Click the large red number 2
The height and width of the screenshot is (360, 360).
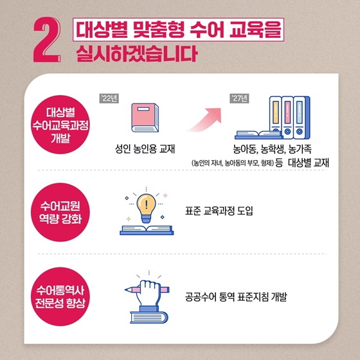pos(47,40)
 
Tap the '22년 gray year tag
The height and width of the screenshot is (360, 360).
pos(109,98)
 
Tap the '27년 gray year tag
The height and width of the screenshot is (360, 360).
pos(239,98)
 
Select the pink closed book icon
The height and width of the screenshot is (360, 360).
pos(145,118)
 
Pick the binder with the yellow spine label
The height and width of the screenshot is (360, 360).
pos(276,117)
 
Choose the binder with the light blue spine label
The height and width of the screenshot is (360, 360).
pos(300,117)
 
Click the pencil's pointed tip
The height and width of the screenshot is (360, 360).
pos(125,290)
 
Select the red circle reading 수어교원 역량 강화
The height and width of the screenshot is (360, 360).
pos(60,212)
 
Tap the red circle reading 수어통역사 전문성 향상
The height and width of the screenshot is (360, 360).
pos(60,296)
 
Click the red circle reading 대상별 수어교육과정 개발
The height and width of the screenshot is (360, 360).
pos(60,125)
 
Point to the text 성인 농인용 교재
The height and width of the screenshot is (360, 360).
pos(145,148)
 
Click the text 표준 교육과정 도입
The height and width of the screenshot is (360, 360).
pos(219,211)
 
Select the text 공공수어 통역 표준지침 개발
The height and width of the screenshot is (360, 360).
pos(236,296)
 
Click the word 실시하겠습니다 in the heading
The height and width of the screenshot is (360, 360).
pos(137,53)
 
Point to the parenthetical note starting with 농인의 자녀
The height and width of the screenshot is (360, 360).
pos(233,163)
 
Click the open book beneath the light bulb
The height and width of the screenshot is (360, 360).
pos(147,230)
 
